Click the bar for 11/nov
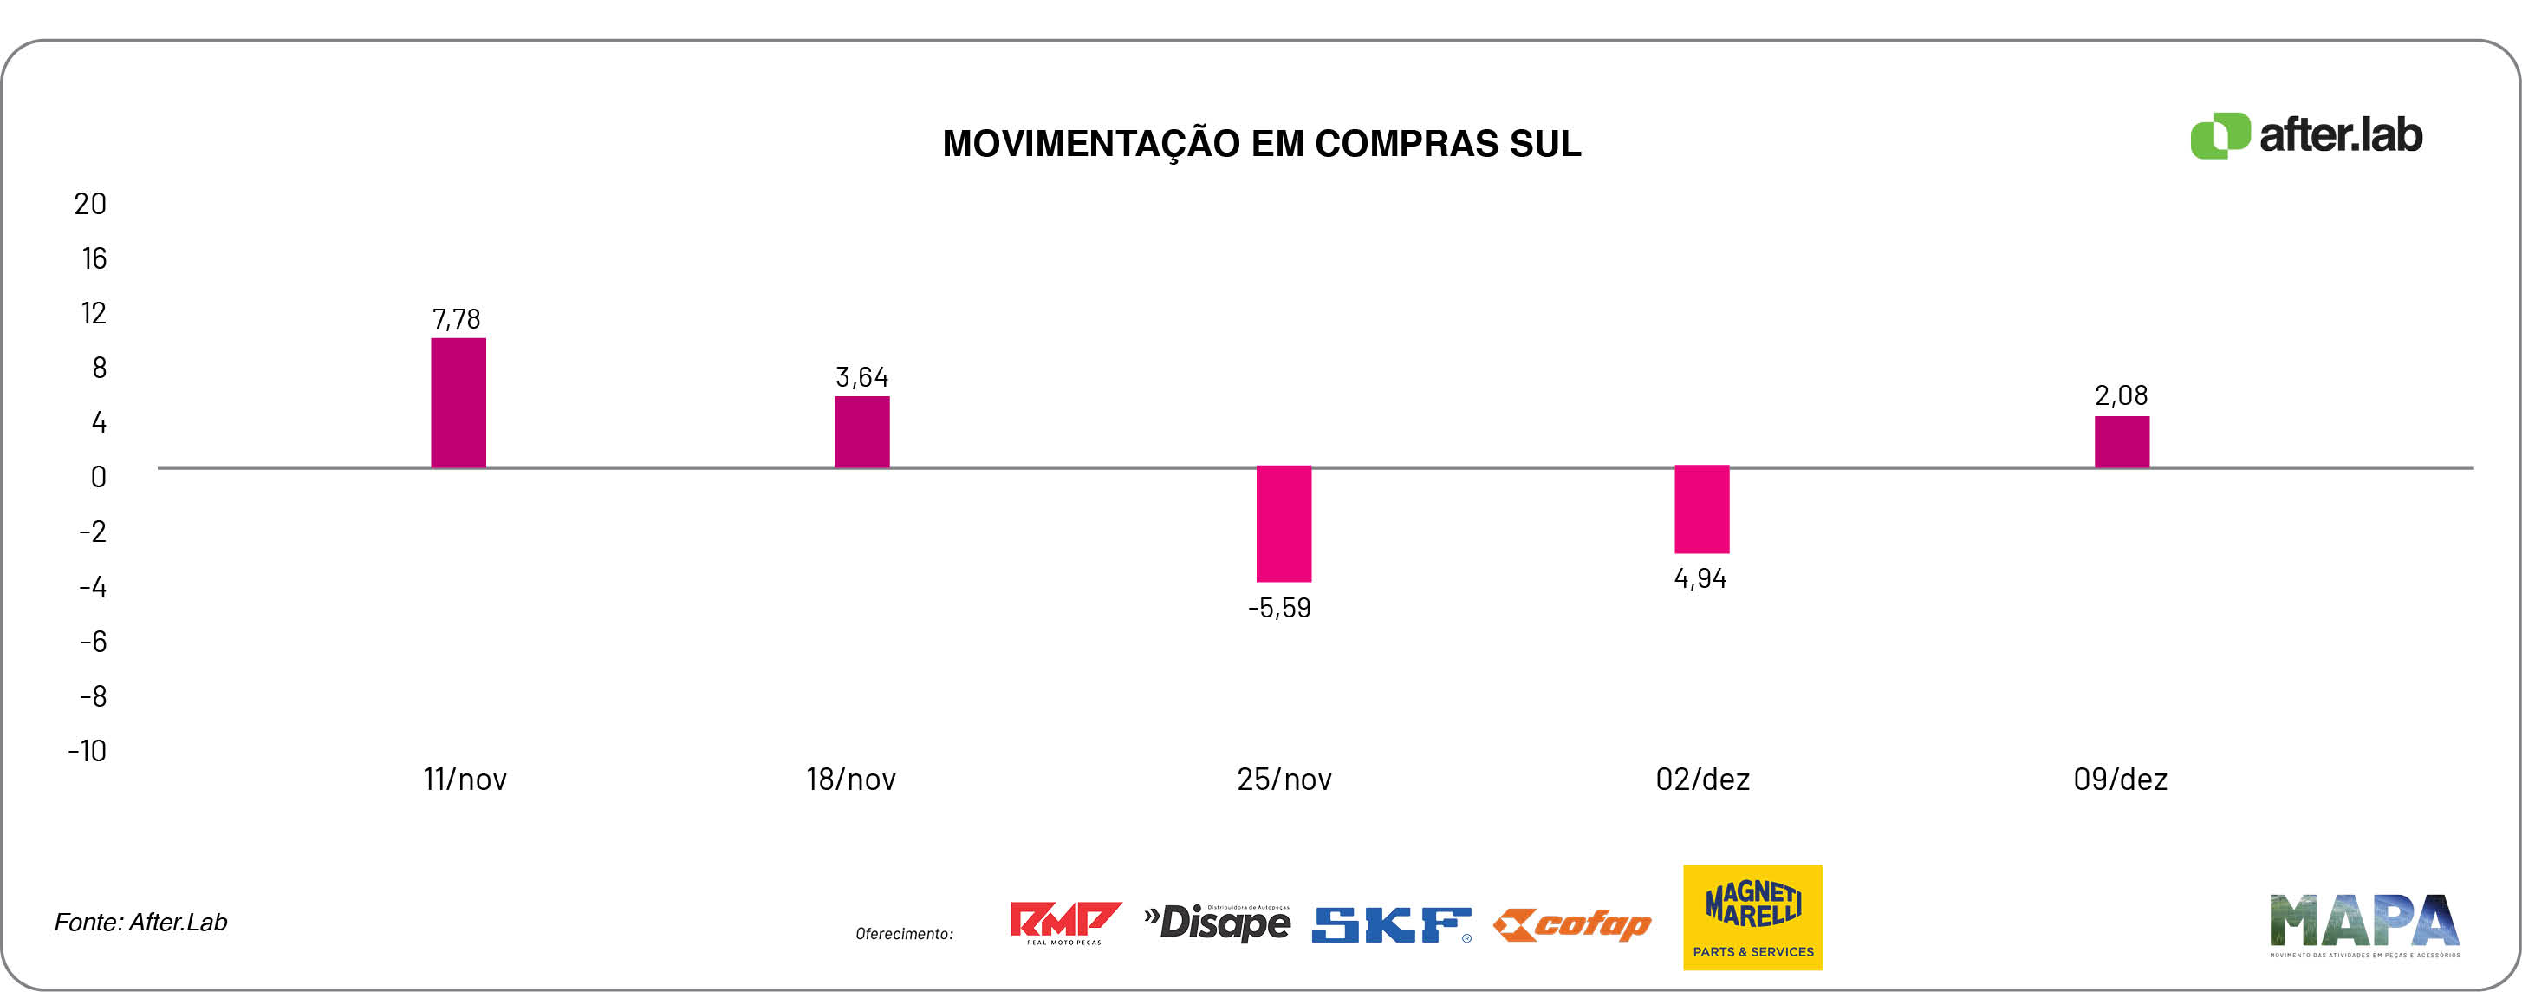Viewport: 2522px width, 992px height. click(x=458, y=402)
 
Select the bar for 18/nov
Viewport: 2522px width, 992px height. click(x=861, y=432)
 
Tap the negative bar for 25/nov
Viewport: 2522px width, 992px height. click(x=1284, y=524)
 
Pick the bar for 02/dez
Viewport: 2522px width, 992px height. click(x=1701, y=509)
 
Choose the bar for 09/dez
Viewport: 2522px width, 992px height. click(x=2122, y=441)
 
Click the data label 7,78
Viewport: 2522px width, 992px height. click(x=456, y=319)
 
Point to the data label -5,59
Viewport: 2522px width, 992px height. click(x=1278, y=608)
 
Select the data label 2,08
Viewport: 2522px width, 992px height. click(x=2121, y=395)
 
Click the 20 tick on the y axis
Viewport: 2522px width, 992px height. click(x=90, y=204)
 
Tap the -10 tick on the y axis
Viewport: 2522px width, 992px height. click(x=88, y=751)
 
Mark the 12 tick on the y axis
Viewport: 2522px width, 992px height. click(x=93, y=313)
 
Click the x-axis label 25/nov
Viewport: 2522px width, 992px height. click(x=1284, y=780)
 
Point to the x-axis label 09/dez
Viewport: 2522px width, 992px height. click(x=2120, y=780)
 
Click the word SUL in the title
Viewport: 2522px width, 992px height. click(x=1545, y=144)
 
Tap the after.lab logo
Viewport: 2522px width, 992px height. click(x=2305, y=135)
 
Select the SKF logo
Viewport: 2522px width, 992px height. click(x=1390, y=924)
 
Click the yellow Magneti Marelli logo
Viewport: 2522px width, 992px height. click(x=1752, y=917)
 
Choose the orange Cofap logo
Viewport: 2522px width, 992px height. click(x=1572, y=924)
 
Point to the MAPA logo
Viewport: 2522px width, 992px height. click(x=2364, y=923)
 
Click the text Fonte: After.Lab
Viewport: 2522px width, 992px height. click(x=141, y=923)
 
